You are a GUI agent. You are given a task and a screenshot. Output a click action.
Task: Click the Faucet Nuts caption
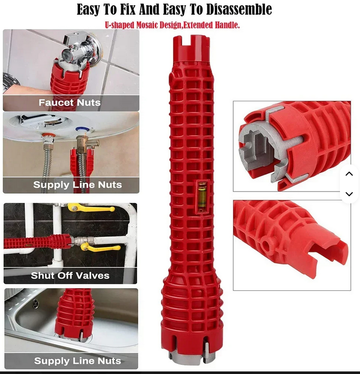pyautogui.click(x=70, y=103)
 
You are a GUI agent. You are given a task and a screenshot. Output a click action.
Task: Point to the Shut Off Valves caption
pyautogui.click(x=70, y=275)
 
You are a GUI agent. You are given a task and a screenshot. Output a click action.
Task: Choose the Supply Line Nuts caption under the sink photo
pyautogui.click(x=78, y=361)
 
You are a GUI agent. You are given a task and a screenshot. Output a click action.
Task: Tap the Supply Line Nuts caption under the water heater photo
pyautogui.click(x=78, y=184)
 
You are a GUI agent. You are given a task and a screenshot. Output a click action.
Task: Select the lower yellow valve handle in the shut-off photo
pyautogui.click(x=100, y=247)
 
